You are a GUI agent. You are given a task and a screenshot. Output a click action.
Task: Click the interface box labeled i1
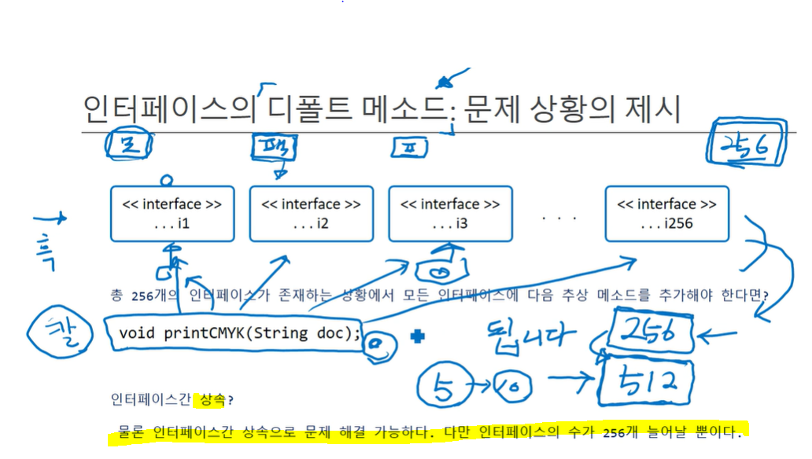[172, 214]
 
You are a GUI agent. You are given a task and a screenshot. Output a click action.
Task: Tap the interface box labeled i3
[450, 214]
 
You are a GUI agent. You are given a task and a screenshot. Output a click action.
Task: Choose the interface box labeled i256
[666, 214]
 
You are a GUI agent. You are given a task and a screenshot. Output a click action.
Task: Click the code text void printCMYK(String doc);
[240, 332]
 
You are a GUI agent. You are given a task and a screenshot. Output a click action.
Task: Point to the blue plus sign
[417, 336]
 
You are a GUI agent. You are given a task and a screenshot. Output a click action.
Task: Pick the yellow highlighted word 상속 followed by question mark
[212, 400]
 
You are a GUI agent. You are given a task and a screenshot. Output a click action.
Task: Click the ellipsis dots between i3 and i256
[559, 217]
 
